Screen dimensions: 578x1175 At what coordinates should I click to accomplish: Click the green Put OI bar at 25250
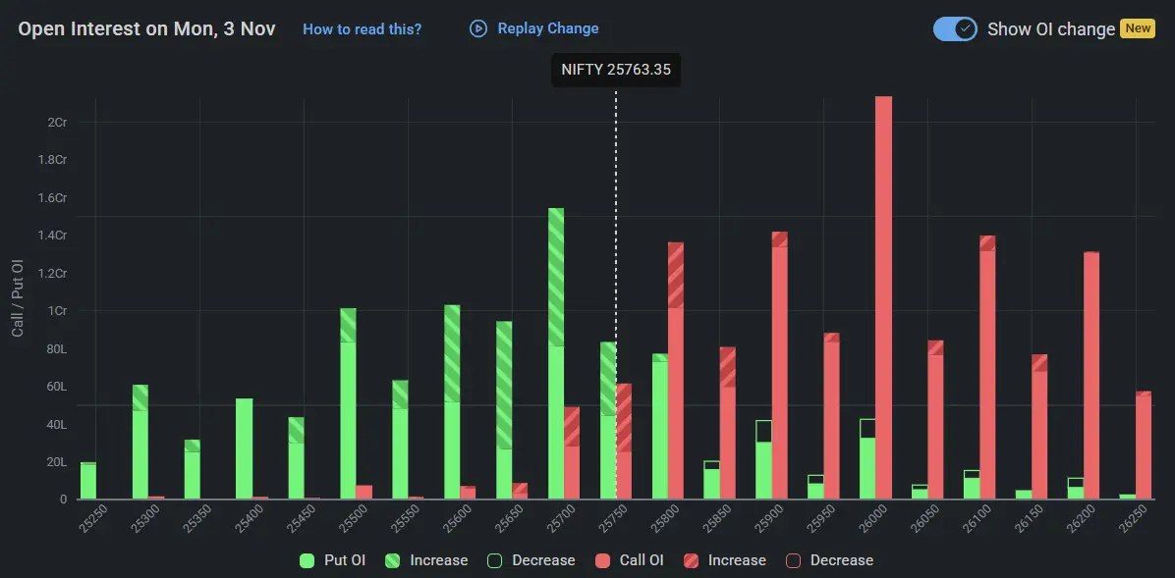(x=88, y=481)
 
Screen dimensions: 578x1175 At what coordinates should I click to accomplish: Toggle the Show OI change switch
(x=954, y=28)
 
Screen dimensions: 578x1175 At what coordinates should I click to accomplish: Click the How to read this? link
(x=362, y=29)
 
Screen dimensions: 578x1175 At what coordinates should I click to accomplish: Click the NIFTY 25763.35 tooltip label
(x=616, y=70)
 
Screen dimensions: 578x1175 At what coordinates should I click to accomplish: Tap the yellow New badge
(x=1138, y=28)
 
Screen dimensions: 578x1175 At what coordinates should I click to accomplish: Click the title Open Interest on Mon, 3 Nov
(x=146, y=29)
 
